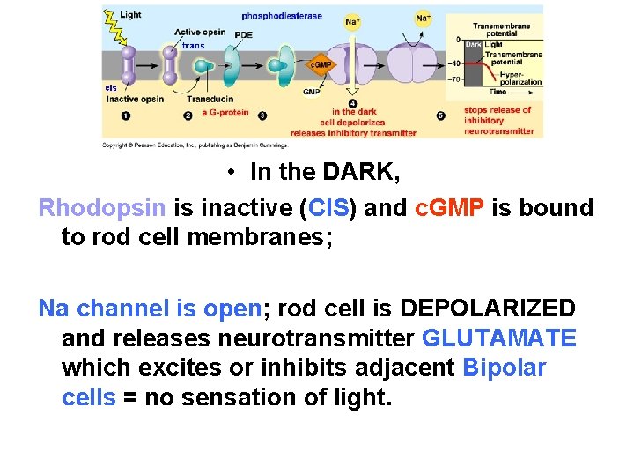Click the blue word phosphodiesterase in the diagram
click(x=282, y=16)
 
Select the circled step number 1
click(x=126, y=115)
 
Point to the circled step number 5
click(x=440, y=115)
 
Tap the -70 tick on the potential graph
click(x=455, y=79)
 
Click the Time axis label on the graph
click(x=498, y=92)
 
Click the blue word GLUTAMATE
click(x=499, y=338)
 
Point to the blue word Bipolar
click(x=504, y=368)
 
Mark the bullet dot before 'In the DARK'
click(x=230, y=173)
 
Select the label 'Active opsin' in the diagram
click(x=200, y=33)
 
